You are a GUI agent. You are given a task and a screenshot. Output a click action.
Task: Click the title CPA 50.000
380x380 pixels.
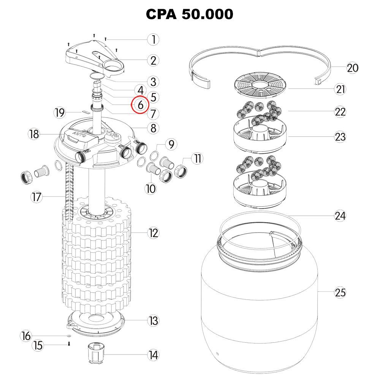(x=190, y=14)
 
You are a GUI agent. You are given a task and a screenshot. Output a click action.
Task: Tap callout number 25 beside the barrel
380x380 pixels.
(x=340, y=292)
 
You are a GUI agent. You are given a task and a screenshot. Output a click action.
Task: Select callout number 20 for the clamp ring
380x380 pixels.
(x=352, y=68)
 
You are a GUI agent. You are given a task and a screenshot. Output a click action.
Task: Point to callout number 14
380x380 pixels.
(x=153, y=355)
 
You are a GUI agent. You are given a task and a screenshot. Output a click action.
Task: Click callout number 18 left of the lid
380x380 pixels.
(x=34, y=134)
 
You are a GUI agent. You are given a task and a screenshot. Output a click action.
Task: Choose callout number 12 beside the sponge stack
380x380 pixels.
(x=153, y=233)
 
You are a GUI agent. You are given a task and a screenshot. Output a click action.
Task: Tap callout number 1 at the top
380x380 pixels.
(x=153, y=39)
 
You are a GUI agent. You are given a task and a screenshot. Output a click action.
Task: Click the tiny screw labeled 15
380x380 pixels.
(x=69, y=344)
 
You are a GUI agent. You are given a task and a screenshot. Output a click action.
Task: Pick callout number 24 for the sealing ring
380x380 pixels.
(x=340, y=215)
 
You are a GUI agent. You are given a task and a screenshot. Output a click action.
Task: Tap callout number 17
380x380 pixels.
(x=36, y=197)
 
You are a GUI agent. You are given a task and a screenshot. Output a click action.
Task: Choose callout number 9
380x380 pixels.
(x=171, y=144)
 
